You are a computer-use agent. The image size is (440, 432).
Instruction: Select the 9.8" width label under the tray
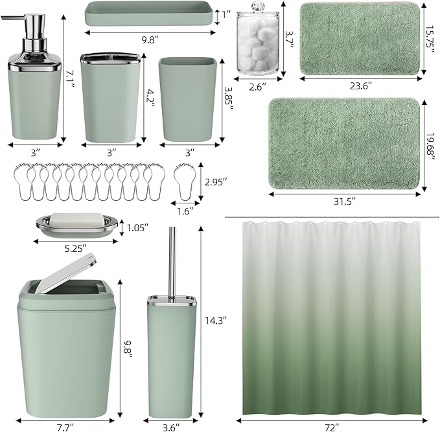point(150,38)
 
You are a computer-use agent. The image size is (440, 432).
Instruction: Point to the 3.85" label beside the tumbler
point(228,98)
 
